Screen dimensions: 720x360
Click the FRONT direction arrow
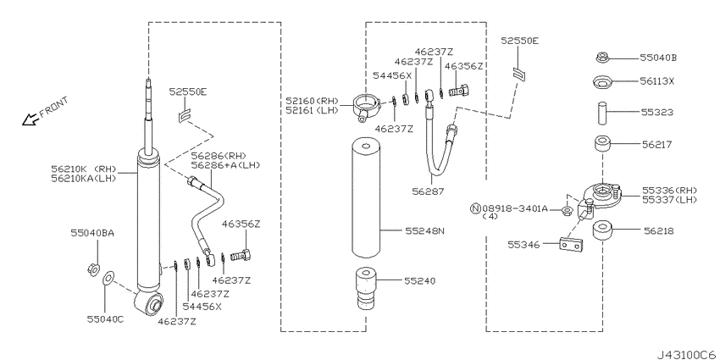30,119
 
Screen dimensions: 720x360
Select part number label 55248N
424,231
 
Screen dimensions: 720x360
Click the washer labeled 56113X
602,84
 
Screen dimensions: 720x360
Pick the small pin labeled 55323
602,113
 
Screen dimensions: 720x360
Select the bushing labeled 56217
602,144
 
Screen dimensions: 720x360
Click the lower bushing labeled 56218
602,230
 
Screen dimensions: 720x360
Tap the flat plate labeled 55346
571,245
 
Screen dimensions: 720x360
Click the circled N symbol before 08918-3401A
476,209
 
